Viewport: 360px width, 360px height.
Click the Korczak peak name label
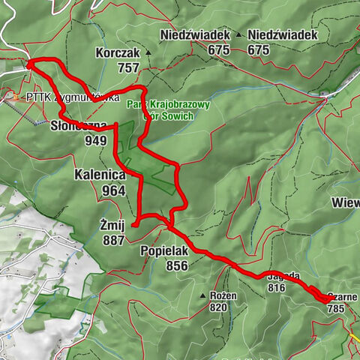[118, 53]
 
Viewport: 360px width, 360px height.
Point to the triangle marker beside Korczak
[148, 53]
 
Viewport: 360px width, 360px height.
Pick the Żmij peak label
[111, 224]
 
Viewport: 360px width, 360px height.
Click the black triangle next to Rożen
[202, 296]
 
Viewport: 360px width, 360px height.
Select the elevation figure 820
[218, 307]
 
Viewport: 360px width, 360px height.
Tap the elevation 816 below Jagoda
[277, 287]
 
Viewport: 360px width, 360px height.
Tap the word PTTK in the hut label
[37, 97]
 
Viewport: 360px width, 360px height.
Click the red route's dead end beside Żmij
[133, 224]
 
